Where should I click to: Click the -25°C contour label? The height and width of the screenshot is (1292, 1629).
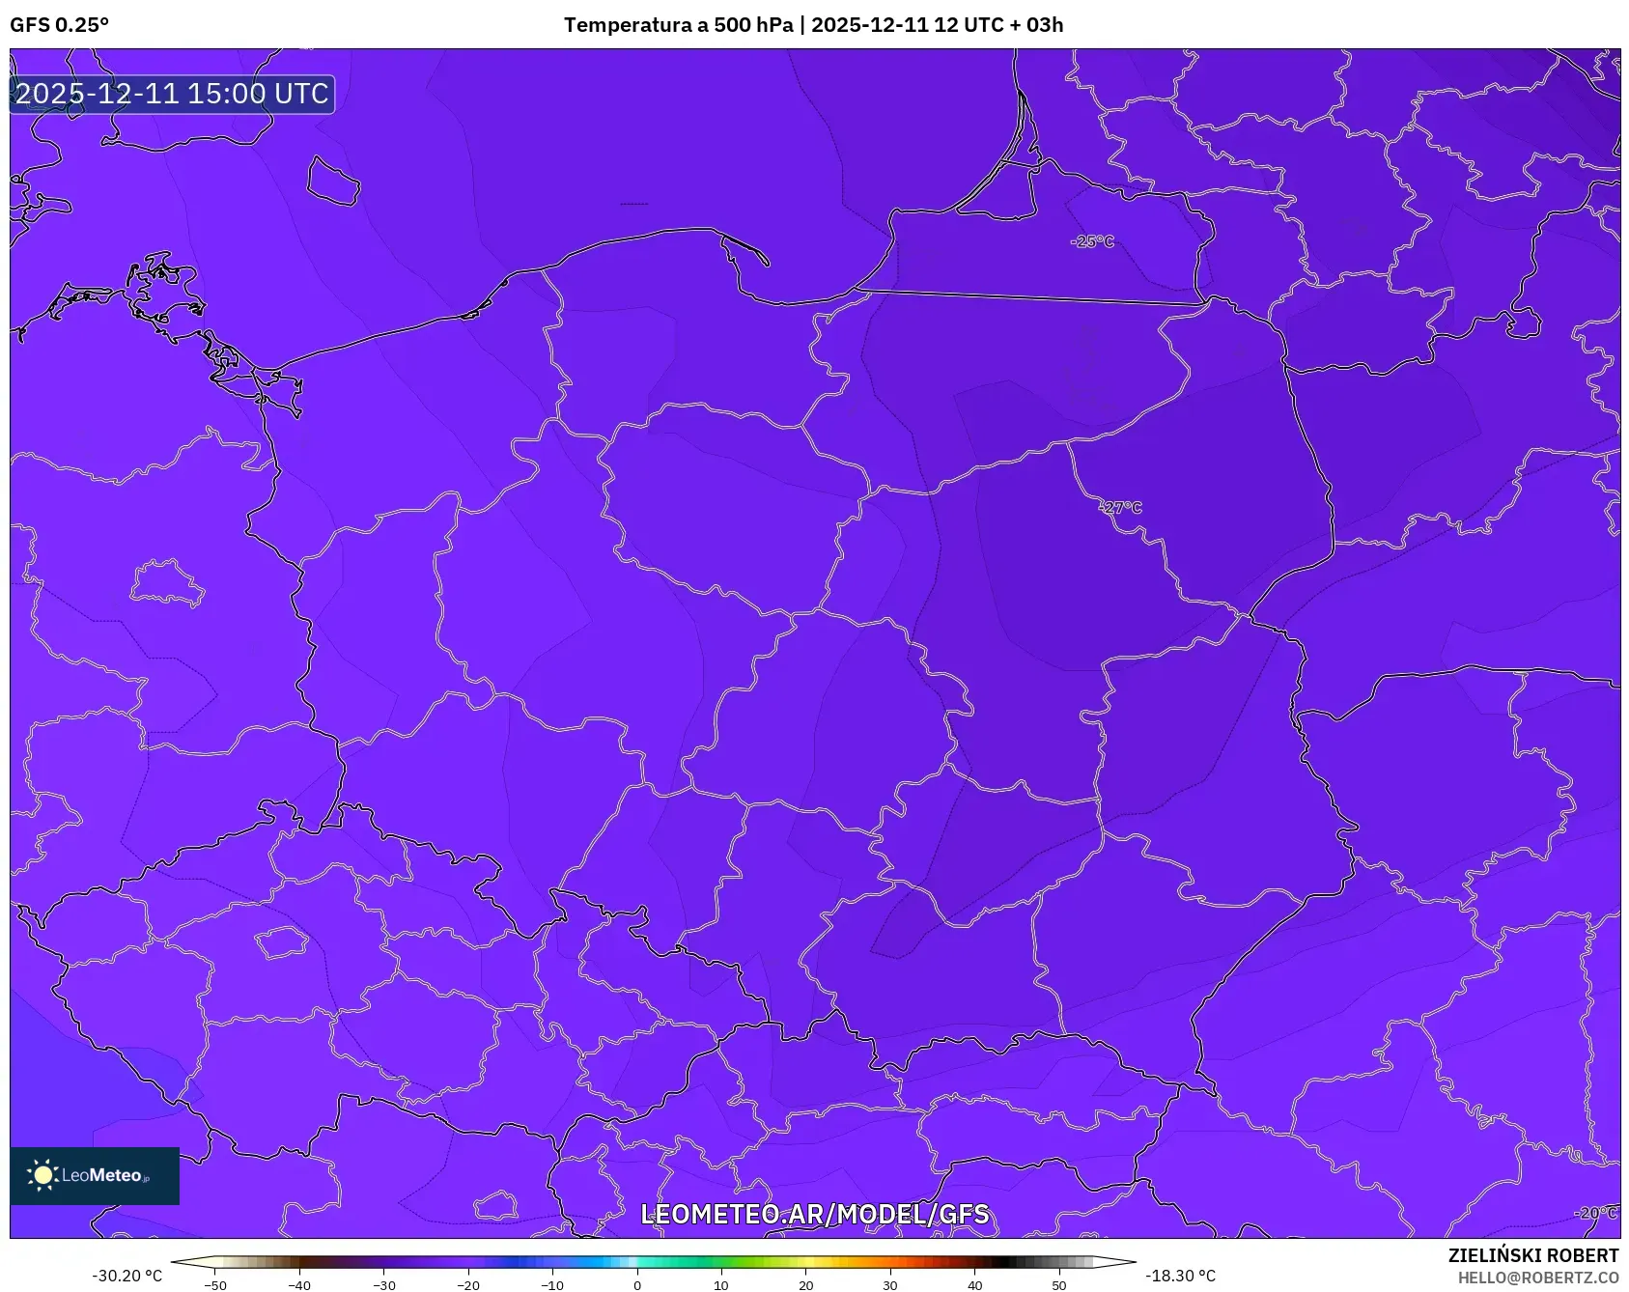1092,241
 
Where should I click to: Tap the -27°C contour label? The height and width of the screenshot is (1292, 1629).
1120,508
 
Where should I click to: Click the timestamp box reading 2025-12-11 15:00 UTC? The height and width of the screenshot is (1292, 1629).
172,94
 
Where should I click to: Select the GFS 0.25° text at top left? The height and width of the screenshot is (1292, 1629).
59,25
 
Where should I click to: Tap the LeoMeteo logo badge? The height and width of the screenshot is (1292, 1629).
95,1175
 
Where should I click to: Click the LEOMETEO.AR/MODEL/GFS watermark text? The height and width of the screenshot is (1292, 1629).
814,1214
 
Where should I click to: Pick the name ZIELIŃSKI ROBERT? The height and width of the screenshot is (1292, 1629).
1532,1255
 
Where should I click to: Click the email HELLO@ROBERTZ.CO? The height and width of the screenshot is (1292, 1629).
1537,1278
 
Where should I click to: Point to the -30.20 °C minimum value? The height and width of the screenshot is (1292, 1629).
126,1276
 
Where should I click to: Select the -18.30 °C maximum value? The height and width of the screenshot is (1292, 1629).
1180,1276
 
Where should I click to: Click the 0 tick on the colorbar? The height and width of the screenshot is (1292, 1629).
636,1285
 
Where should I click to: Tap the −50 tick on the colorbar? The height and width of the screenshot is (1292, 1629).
215,1285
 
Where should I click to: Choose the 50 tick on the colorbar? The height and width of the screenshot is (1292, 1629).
1059,1285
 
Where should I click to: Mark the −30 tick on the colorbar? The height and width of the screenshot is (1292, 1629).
384,1285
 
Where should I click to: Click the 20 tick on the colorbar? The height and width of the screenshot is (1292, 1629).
805,1285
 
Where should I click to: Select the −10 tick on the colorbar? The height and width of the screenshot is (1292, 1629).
552,1285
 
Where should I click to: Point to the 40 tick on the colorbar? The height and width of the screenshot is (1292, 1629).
974,1285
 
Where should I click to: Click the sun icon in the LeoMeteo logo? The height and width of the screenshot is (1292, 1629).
42,1175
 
